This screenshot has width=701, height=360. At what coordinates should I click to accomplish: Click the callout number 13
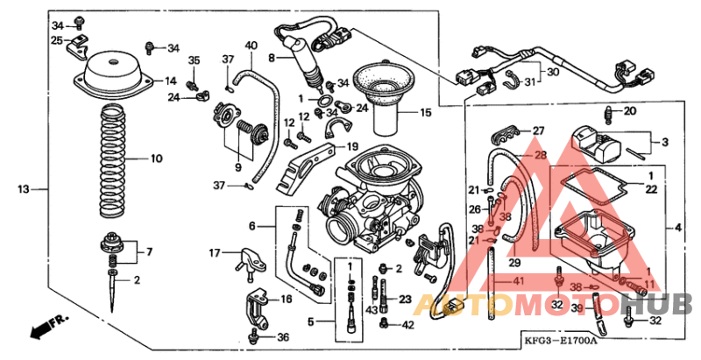coord(24,188)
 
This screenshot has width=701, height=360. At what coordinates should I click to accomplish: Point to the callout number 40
coord(251,46)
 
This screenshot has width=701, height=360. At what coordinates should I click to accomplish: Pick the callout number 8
coord(272,58)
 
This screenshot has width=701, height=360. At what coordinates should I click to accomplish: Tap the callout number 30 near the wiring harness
coord(552,72)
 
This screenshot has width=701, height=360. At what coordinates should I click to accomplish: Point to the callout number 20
coord(630,111)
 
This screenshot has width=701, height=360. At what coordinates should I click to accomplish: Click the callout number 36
coord(282,337)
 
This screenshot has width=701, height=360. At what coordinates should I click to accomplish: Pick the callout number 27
coord(539,131)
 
